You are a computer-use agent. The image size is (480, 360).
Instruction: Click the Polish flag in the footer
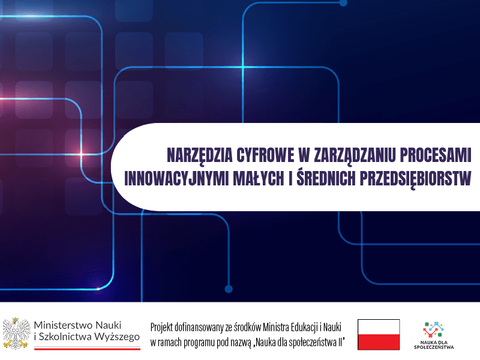(379, 334)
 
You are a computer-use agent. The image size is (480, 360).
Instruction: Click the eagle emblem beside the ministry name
(16, 333)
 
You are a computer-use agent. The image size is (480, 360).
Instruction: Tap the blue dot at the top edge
(343, 2)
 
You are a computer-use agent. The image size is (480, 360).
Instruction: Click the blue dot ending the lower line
(228, 289)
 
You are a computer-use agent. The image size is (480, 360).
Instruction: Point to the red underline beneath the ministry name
(87, 348)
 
